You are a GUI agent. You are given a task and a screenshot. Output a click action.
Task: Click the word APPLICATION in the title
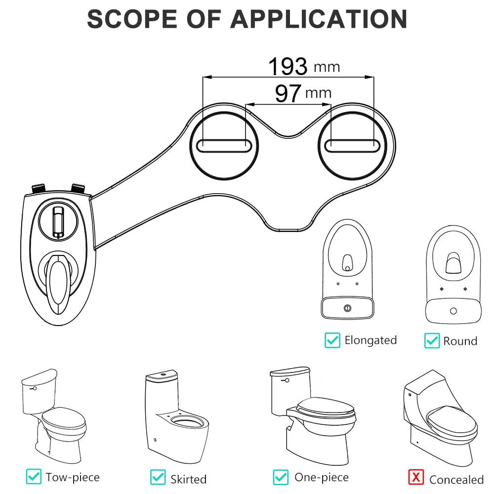click(318, 19)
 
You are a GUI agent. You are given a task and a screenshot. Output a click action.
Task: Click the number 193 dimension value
click(288, 66)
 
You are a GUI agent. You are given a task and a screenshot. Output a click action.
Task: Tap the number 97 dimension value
click(288, 93)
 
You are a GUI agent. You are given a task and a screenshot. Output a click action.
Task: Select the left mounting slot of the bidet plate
click(224, 145)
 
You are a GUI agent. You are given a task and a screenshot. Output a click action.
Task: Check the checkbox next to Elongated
click(332, 340)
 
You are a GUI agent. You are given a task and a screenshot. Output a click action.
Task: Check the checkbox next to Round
click(432, 340)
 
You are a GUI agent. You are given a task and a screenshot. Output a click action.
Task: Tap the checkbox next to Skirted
click(158, 477)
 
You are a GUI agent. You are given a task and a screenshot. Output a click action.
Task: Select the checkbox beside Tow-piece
click(34, 477)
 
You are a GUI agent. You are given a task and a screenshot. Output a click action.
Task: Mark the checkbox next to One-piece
click(281, 477)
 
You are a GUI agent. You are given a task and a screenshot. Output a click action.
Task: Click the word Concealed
click(456, 479)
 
